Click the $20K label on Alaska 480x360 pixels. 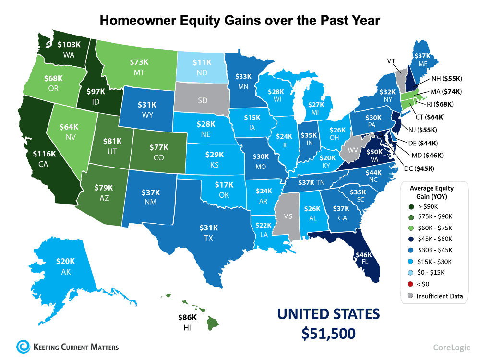click(x=65, y=261)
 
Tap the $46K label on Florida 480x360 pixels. click(x=364, y=255)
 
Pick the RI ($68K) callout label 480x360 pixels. click(x=439, y=104)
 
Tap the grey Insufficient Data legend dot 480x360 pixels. click(x=409, y=296)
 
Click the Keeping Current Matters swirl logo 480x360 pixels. click(x=22, y=346)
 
